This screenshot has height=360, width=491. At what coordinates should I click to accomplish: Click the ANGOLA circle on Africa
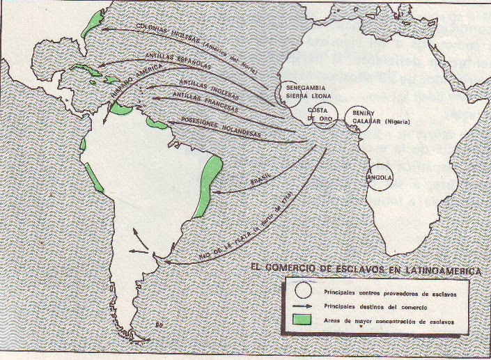click(x=381, y=177)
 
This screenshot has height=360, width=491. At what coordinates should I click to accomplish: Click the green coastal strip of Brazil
click(x=210, y=182)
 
